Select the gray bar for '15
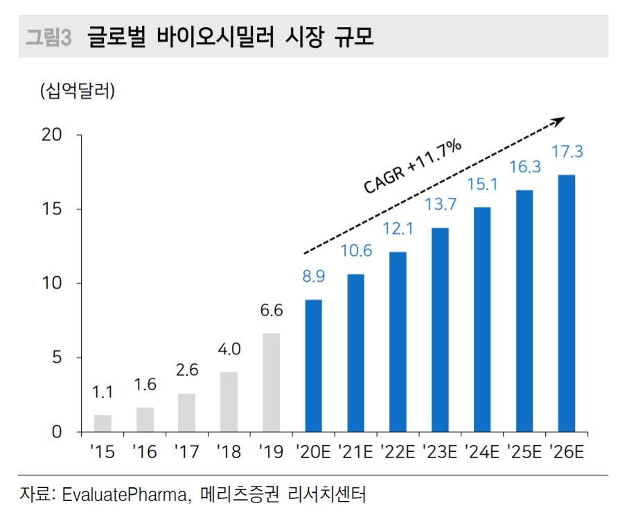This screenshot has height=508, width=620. click(103, 423)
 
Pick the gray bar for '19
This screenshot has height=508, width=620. click(271, 382)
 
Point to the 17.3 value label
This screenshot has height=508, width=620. click(567, 151)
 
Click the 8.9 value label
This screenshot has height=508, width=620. click(313, 276)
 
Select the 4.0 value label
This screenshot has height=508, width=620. click(229, 349)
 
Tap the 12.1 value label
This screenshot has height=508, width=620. click(398, 228)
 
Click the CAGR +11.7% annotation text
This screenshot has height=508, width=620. click(412, 166)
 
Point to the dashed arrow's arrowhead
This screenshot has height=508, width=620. click(558, 121)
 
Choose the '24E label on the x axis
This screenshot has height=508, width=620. click(481, 453)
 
